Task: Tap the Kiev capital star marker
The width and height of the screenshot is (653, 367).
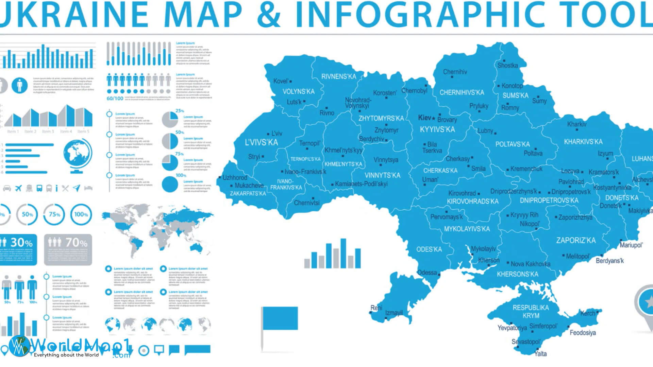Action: (x=434, y=118)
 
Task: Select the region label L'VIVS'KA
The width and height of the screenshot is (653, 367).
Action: (x=261, y=142)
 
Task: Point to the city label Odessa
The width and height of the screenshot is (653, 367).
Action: (x=427, y=273)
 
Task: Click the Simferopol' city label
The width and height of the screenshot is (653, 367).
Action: (x=543, y=326)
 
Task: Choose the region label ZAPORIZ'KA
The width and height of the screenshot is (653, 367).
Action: (x=576, y=241)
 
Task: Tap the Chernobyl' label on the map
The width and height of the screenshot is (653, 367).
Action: (x=414, y=91)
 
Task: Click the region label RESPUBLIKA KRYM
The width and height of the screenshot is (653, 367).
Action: (x=531, y=312)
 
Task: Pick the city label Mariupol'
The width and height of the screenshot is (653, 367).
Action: (x=631, y=245)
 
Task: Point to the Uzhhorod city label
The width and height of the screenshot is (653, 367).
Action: (x=235, y=178)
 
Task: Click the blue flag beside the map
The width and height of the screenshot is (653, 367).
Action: (x=280, y=318)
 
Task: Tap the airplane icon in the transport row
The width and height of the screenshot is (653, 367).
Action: (x=18, y=188)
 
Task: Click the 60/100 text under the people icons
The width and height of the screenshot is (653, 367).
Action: (x=115, y=99)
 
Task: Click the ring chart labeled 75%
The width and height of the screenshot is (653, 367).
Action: (x=54, y=214)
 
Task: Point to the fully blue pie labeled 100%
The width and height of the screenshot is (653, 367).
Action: (x=170, y=185)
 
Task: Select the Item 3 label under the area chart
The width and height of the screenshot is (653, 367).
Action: (x=48, y=132)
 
